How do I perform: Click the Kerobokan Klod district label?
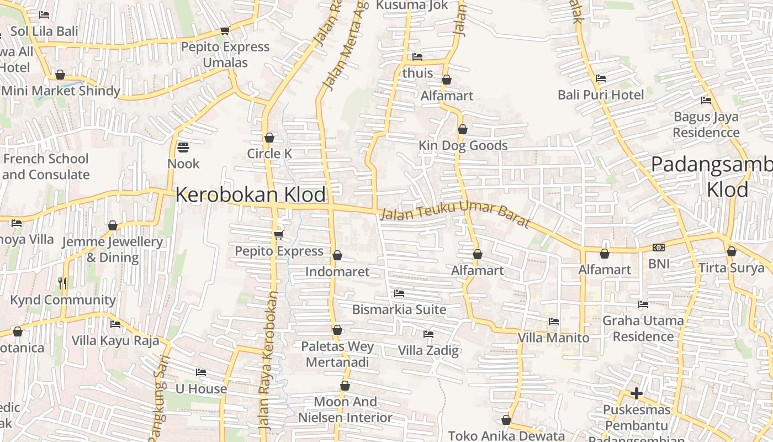tap(251, 195)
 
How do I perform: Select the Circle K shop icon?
tap(269, 138)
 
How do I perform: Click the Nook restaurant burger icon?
tap(183, 148)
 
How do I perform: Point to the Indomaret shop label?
tap(337, 271)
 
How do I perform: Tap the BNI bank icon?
tap(659, 248)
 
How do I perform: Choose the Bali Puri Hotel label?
tap(601, 94)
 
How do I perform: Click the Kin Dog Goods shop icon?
tap(463, 129)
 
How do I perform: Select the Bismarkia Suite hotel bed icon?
tap(399, 293)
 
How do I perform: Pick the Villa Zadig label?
tap(428, 350)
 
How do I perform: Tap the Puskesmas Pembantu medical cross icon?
tap(637, 393)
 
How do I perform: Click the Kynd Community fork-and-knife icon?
tap(62, 283)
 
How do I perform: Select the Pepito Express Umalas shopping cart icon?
tap(225, 31)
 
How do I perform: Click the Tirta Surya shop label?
tap(732, 268)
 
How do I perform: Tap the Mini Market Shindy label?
tap(61, 91)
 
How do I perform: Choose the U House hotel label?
tap(201, 388)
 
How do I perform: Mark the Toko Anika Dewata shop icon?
tap(506, 420)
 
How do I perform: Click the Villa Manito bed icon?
tap(554, 322)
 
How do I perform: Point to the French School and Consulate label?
tap(46, 166)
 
